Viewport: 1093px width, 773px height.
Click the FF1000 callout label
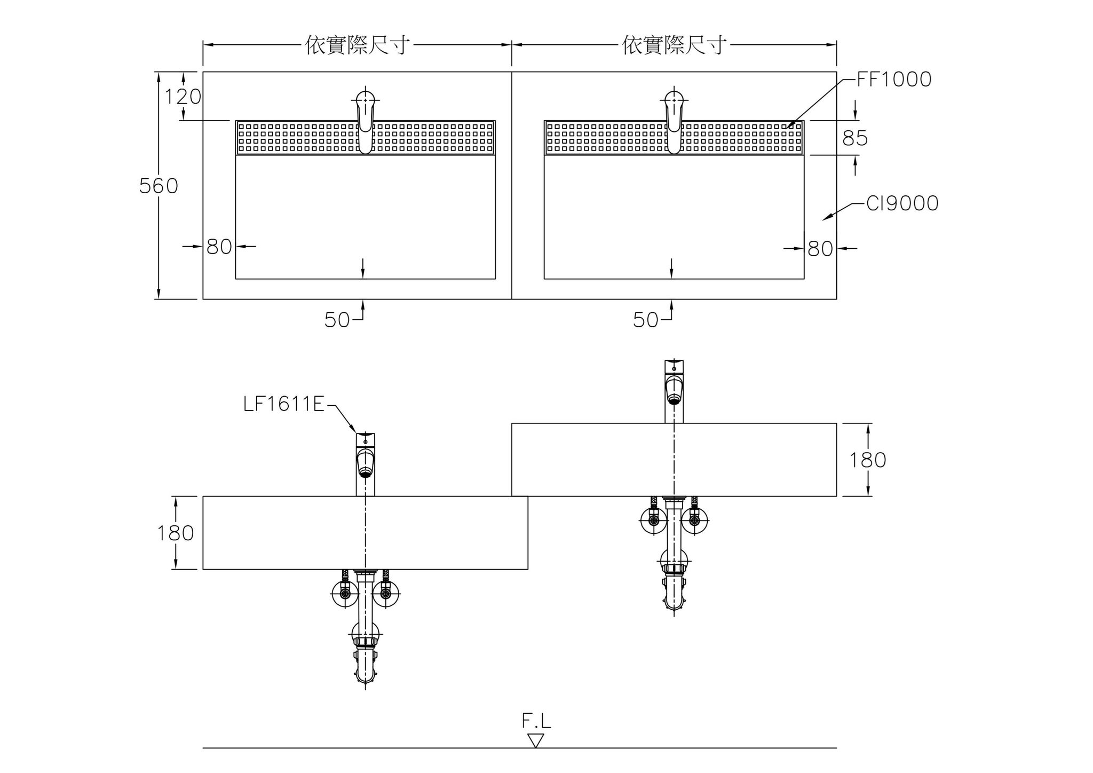tap(894, 80)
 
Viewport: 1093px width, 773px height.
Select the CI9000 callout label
tap(902, 203)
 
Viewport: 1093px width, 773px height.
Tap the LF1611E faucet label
tap(284, 404)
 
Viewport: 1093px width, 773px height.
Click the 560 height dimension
tap(159, 186)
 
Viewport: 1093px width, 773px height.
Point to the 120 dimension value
tap(183, 97)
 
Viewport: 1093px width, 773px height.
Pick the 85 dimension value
tap(855, 138)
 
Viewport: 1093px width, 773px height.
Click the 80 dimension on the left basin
tap(219, 247)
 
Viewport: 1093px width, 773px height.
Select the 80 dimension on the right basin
tap(820, 248)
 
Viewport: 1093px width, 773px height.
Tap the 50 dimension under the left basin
tap(337, 320)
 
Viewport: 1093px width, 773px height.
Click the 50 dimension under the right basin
tap(646, 320)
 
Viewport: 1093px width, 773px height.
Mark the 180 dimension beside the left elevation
tap(175, 533)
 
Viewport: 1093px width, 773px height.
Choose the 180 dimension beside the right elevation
tap(868, 460)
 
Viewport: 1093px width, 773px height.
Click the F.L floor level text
tap(536, 722)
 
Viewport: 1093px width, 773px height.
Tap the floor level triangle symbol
tap(535, 740)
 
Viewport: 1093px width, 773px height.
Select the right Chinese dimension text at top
tap(675, 45)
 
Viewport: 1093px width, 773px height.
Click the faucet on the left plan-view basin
tap(366, 120)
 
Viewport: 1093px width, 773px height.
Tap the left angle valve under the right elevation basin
tap(654, 519)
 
